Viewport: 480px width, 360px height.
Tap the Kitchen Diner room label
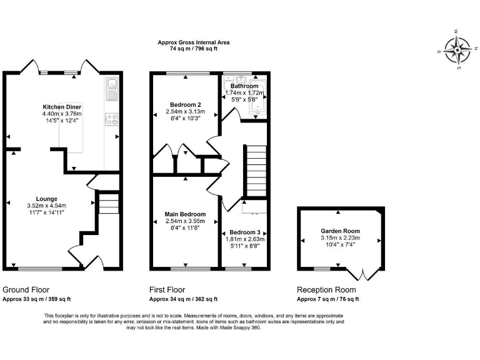pyautogui.click(x=62, y=107)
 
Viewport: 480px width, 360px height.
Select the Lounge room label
pyautogui.click(x=46, y=198)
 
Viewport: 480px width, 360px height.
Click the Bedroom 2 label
pyautogui.click(x=186, y=104)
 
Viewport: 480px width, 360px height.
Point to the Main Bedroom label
pyautogui.click(x=186, y=214)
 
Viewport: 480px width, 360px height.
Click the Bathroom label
pyautogui.click(x=244, y=86)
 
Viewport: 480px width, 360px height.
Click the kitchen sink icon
pyautogui.click(x=112, y=89)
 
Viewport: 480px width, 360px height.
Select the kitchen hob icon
pyautogui.click(x=113, y=119)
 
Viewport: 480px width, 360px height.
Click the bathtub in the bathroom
pyautogui.click(x=257, y=99)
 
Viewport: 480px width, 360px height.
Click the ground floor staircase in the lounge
pyautogui.click(x=107, y=204)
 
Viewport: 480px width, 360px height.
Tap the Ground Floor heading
pyautogui.click(x=26, y=290)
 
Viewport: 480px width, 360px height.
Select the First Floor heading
pyautogui.click(x=167, y=290)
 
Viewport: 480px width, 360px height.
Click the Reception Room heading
pyautogui.click(x=326, y=290)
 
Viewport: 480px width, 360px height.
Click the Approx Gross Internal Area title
pyautogui.click(x=193, y=42)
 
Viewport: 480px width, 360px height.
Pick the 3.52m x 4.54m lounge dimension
pyautogui.click(x=46, y=206)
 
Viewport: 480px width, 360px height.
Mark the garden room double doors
pyautogui.click(x=364, y=274)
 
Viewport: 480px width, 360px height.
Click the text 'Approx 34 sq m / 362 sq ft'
pyautogui.click(x=182, y=299)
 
